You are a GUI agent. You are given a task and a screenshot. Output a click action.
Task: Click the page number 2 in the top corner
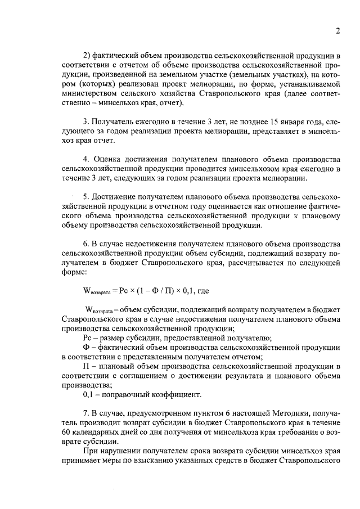pos(338,31)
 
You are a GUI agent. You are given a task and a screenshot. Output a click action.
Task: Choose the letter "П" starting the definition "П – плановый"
pos(86,366)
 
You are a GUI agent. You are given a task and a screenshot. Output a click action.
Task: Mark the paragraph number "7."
pos(86,413)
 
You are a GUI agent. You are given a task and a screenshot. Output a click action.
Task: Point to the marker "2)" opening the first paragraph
pos(87,55)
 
